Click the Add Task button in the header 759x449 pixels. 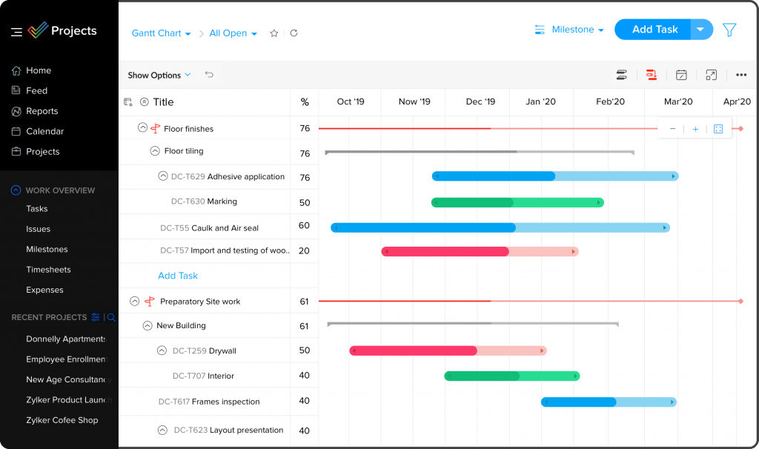[x=654, y=30]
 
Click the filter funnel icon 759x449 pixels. [x=729, y=30]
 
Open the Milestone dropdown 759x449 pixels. [x=569, y=30]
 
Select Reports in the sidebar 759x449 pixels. [x=42, y=111]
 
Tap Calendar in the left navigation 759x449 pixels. [x=44, y=131]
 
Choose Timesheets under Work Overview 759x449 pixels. [x=48, y=270]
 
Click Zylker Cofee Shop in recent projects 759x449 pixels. [x=62, y=420]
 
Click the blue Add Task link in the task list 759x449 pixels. [x=178, y=276]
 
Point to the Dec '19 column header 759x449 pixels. [x=480, y=102]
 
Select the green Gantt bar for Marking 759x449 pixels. [x=517, y=202]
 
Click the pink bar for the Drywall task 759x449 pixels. [x=448, y=350]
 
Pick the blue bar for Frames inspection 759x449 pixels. [x=608, y=402]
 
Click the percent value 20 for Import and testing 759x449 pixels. [x=304, y=251]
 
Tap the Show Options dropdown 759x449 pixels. [x=159, y=75]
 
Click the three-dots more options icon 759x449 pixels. [x=741, y=75]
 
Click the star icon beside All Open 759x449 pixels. [x=274, y=33]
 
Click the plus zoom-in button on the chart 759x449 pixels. [x=695, y=129]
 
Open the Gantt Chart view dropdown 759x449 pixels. [x=161, y=33]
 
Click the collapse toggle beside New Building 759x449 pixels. [x=148, y=325]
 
